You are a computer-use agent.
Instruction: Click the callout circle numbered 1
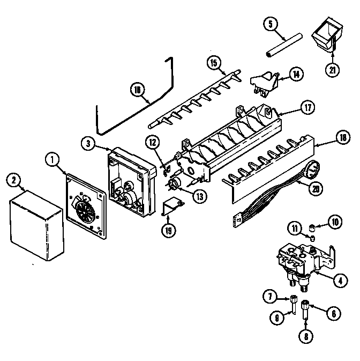pyautogui.click(x=52, y=159)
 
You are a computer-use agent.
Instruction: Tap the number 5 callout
pyautogui.click(x=271, y=24)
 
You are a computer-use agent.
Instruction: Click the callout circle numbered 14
pyautogui.click(x=296, y=74)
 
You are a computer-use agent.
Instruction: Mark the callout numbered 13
pyautogui.click(x=200, y=196)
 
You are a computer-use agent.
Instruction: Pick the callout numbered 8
pyautogui.click(x=305, y=338)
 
